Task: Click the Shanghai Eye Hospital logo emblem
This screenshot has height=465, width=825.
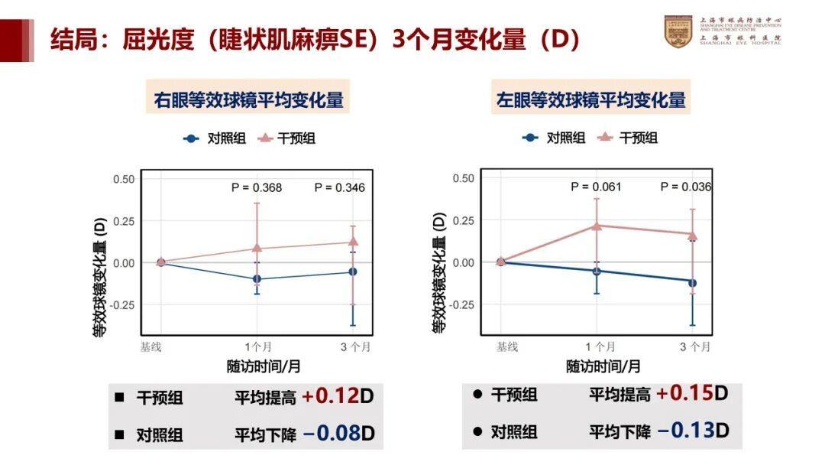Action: [x=678, y=32]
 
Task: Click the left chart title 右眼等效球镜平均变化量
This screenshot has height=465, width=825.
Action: [x=248, y=99]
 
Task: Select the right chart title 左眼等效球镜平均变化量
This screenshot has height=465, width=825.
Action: [x=590, y=99]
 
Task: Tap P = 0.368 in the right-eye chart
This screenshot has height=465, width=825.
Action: [x=257, y=187]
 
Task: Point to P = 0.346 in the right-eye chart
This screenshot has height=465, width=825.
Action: [x=340, y=187]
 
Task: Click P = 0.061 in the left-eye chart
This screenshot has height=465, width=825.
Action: [x=596, y=187]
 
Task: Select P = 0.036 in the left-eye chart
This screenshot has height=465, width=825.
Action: [x=686, y=187]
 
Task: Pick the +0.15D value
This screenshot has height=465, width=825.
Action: [x=692, y=393]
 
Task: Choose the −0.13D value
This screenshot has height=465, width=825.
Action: [x=692, y=430]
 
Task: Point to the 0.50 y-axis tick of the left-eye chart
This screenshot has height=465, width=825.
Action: [x=463, y=178]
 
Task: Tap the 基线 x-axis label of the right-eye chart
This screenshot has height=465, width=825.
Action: [x=150, y=347]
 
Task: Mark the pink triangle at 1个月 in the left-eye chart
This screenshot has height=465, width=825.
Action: [x=597, y=226]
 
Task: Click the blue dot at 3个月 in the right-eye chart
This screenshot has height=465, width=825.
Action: [x=353, y=272]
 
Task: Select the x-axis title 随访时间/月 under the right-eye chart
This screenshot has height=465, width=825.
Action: [x=263, y=366]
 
